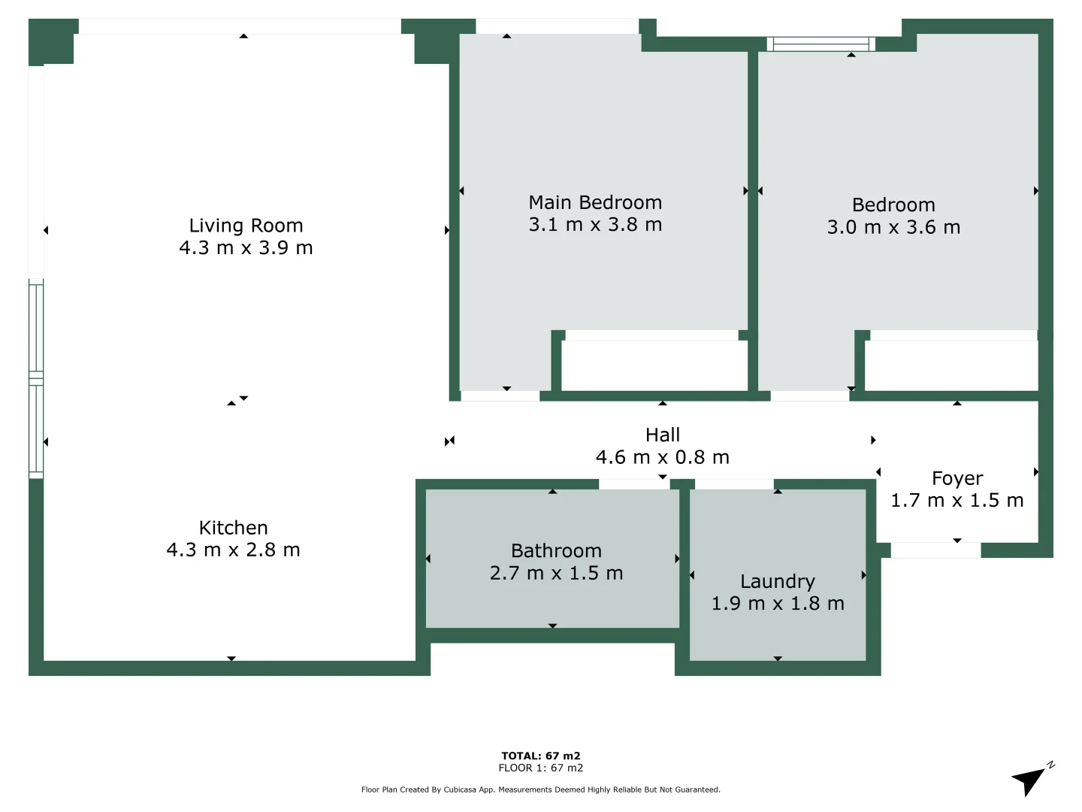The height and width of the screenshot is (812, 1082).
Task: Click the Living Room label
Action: (246, 226)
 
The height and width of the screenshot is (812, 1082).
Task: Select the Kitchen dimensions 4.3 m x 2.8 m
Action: (233, 550)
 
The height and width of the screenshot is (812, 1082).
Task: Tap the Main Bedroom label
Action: (595, 202)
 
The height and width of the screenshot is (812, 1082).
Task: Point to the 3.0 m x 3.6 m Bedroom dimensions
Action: (893, 227)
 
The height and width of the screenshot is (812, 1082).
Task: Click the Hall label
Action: (662, 435)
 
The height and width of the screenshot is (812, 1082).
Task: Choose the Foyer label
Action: (957, 478)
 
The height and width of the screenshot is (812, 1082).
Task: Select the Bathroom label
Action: (556, 550)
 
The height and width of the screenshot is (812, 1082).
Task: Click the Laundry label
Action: (777, 581)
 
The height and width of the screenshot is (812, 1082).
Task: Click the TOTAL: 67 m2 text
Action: (541, 756)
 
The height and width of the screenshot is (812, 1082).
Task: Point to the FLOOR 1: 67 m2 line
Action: (541, 768)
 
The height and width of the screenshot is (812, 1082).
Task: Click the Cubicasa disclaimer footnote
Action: (541, 789)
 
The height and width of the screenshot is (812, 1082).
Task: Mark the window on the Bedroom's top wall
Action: (821, 44)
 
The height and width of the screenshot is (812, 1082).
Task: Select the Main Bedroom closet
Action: (654, 365)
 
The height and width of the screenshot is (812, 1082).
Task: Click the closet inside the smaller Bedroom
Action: (951, 365)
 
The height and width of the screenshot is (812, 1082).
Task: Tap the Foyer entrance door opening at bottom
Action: (935, 550)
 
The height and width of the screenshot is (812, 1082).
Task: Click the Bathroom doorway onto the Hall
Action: (633, 484)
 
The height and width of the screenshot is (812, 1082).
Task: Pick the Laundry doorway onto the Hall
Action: (734, 484)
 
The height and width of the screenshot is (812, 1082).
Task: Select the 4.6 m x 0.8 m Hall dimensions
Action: (662, 457)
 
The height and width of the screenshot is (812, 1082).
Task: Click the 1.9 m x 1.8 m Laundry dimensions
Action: (777, 604)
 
